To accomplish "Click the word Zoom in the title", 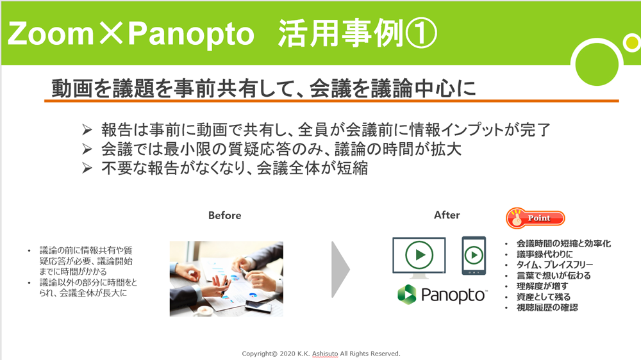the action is coord(51,33).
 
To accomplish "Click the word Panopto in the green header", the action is coord(191,35).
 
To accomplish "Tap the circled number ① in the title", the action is coord(420,33).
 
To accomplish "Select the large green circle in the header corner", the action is coord(596,63).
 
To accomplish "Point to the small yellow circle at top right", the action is coord(632,43).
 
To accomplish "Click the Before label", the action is coord(224,215).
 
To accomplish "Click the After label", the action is coord(447,215).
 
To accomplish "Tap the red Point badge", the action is coord(535,218).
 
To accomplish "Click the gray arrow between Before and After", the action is coord(340,269).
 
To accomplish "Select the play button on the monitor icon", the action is coord(419,254).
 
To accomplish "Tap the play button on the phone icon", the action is coord(474,256).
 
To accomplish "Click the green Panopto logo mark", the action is coord(407,294).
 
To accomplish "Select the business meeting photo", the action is coord(226,279).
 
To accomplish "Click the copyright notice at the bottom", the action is coord(321,354).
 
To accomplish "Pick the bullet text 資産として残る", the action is coord(544,297).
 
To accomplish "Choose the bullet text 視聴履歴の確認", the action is coord(547,307).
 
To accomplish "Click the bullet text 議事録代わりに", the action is coord(544,254).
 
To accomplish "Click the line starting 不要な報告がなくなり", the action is coord(235,168).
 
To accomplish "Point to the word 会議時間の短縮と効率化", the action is coord(563,243).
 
